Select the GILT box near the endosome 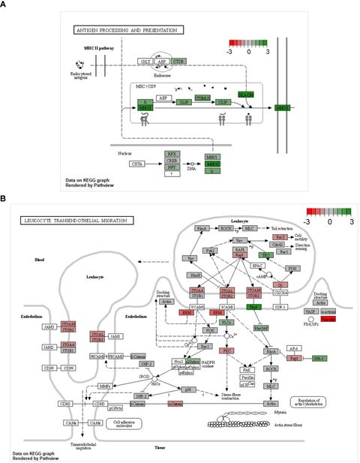(145, 62)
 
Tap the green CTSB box (178, 62)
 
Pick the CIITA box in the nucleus (137, 164)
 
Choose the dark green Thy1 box (254, 308)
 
